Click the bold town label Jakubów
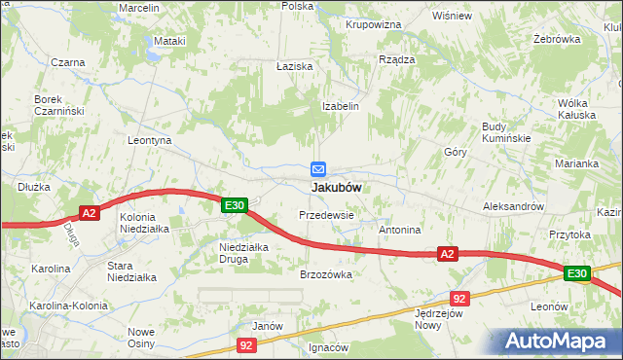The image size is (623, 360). pyautogui.click(x=337, y=187)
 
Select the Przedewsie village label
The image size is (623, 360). pyautogui.click(x=326, y=214)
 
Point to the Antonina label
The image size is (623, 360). pyautogui.click(x=399, y=231)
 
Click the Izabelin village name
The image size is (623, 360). pyautogui.click(x=342, y=107)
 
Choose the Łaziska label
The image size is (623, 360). pyautogui.click(x=293, y=65)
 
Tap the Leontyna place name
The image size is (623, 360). pyautogui.click(x=150, y=140)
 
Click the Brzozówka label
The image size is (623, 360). pyautogui.click(x=325, y=274)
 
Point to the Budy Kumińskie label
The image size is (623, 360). pyautogui.click(x=506, y=132)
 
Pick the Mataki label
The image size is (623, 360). pyautogui.click(x=169, y=41)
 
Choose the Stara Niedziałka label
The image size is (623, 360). pyautogui.click(x=132, y=270)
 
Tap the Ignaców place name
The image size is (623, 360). pyautogui.click(x=328, y=347)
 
